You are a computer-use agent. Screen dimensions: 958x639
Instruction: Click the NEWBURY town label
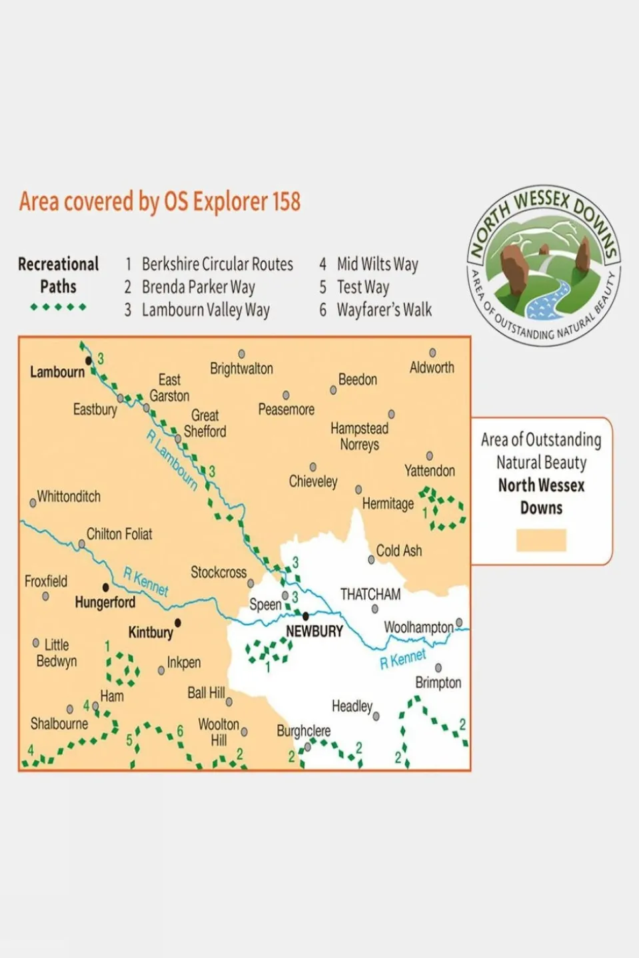coord(314,631)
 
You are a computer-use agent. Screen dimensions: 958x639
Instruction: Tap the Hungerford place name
coord(105,602)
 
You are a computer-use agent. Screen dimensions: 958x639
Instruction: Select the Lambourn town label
coord(57,372)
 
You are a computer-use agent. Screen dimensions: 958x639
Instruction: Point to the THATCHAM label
coord(370,594)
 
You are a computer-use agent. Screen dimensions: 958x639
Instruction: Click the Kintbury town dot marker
coord(178,623)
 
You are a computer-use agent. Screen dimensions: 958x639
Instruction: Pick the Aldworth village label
coord(432,367)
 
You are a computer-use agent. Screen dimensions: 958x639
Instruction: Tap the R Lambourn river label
coord(173,460)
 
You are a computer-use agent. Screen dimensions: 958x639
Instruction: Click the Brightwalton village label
coord(241,369)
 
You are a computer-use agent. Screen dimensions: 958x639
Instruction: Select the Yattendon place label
coord(429,471)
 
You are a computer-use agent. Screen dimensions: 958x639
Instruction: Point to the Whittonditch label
coord(69,497)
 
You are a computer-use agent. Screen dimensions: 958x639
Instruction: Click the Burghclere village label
coord(303,731)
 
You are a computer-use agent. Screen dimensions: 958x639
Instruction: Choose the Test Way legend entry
coord(362,287)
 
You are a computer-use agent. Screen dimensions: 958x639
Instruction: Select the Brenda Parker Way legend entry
coord(198,287)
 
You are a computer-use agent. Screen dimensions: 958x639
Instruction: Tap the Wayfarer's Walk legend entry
coord(384,310)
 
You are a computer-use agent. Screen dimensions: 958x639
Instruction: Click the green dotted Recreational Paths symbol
coord(58,307)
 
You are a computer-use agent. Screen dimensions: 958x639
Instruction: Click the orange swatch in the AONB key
coord(541,540)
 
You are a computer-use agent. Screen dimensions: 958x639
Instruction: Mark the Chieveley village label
coord(313,481)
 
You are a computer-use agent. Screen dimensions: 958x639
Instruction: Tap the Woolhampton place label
coord(418,627)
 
